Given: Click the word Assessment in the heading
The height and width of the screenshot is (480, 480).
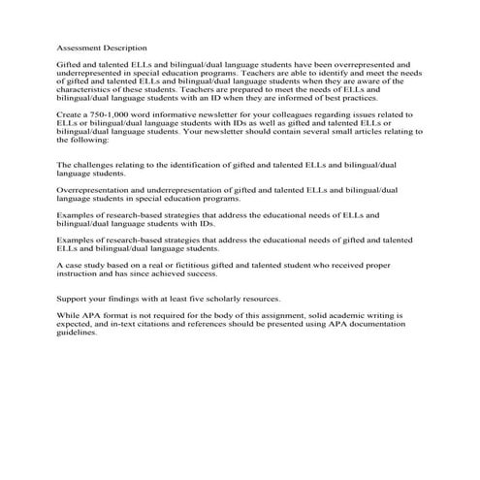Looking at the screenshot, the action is pyautogui.click(x=80, y=47).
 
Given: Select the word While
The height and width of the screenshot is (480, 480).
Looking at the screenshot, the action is pyautogui.click(x=68, y=316).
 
